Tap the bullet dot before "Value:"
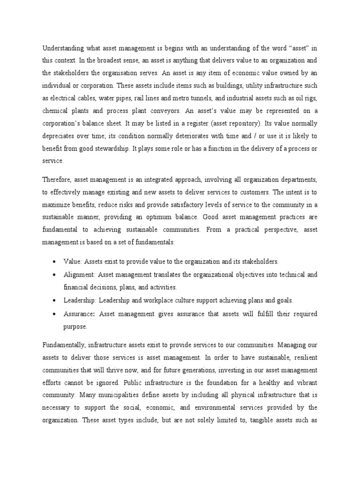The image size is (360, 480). point(56,261)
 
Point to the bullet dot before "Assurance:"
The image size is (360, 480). point(56,314)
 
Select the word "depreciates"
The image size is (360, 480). point(59,135)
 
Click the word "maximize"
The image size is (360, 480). point(57,205)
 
